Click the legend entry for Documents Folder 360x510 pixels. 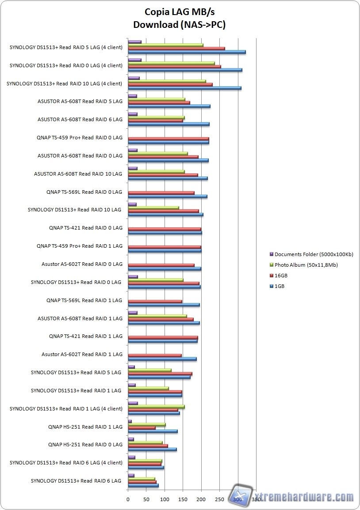314,254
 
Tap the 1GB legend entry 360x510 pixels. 279,286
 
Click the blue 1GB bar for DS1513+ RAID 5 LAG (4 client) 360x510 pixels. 186,52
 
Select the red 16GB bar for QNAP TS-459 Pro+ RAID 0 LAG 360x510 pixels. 168,139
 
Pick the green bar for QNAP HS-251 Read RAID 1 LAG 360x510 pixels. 146,425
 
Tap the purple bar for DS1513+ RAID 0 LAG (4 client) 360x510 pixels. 134,60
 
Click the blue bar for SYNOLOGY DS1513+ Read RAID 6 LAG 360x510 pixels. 143,486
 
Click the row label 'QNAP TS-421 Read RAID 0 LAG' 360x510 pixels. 86,228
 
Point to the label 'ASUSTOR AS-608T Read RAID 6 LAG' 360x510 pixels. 80,119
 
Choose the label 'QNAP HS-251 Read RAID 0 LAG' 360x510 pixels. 85,445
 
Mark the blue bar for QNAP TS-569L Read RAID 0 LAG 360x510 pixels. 167,196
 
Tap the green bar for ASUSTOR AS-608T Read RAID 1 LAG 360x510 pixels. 157,316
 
